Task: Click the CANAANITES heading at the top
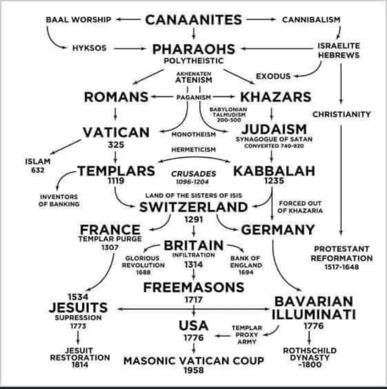pos(193,20)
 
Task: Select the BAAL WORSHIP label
pos(78,20)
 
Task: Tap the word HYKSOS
pos(89,48)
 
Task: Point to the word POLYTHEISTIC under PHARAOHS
pos(193,61)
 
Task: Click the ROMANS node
pos(116,97)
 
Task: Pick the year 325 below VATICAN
pos(116,144)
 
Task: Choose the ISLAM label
pos(38,161)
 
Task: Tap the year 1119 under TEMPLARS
pos(116,181)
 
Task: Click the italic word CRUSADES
pos(193,174)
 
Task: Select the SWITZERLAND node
pos(193,207)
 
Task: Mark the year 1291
pos(193,220)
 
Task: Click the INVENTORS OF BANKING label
pos(59,201)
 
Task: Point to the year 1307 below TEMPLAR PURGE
pos(110,248)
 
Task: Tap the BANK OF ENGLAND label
pos(246,265)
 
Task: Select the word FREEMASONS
pos(193,287)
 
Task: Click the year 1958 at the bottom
pos(193,370)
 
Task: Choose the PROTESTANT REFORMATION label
pos(342,253)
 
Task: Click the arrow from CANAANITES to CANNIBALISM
pos(261,20)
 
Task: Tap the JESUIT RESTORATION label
pos(80,358)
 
